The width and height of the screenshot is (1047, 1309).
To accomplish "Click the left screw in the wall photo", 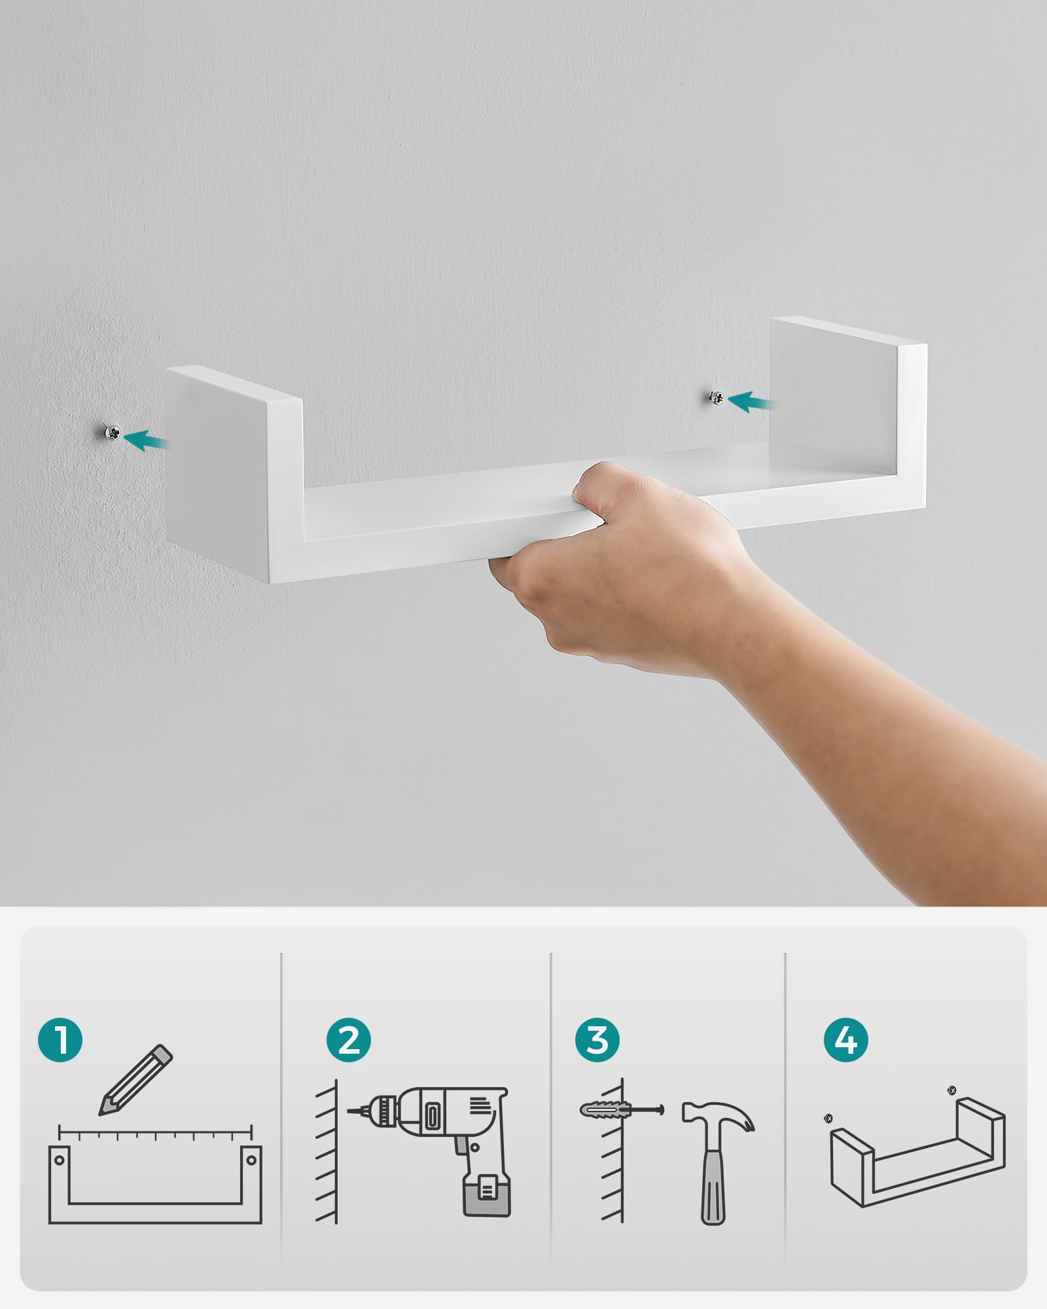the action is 113,433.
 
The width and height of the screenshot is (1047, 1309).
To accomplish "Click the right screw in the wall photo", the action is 717,397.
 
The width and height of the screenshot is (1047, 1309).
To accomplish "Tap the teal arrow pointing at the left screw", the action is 146,440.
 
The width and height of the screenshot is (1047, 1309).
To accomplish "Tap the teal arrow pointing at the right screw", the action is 750,402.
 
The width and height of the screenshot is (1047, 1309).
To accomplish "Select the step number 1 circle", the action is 60,1039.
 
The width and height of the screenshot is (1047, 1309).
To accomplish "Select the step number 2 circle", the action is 349,1039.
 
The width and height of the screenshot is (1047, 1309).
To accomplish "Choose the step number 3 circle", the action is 597,1039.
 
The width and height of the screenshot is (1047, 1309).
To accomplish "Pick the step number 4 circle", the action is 846,1039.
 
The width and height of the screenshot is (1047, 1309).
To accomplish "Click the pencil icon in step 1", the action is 135,1080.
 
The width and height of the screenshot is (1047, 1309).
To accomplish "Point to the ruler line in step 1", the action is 155,1131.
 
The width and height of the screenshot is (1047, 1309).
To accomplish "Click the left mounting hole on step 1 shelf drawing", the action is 60,1160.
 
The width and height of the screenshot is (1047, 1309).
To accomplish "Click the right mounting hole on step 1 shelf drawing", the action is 251,1160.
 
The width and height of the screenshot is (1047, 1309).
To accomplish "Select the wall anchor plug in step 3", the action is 605,1110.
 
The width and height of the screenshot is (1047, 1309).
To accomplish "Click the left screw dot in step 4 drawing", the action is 829,1119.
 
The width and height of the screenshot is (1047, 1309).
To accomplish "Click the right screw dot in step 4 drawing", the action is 952,1090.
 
